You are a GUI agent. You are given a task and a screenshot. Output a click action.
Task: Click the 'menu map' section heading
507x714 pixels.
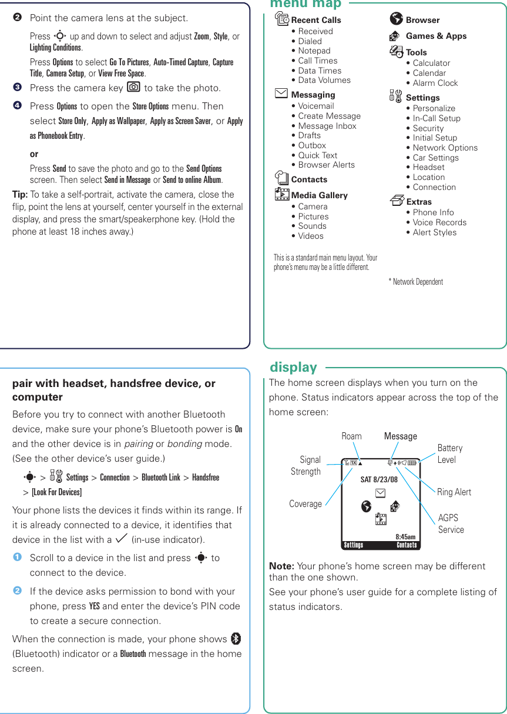[x=305, y=5]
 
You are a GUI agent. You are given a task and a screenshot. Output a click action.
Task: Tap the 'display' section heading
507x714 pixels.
[x=293, y=368]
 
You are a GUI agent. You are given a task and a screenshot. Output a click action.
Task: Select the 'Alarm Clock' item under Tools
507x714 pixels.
[x=435, y=83]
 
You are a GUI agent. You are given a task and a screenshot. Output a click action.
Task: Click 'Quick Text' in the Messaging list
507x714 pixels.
[x=317, y=155]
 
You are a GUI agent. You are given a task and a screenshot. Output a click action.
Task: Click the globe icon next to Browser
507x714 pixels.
[x=396, y=19]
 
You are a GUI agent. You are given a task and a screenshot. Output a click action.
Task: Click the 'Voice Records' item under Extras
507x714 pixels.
[x=439, y=222]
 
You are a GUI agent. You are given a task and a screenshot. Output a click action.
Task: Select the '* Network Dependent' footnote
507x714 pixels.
[x=416, y=282]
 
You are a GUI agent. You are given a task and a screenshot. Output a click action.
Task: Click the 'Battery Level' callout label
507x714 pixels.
[x=450, y=453]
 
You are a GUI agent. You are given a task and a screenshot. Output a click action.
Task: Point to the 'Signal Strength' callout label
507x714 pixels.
[x=306, y=465]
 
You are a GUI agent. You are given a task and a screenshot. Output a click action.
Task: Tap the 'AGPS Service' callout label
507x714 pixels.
[x=451, y=523]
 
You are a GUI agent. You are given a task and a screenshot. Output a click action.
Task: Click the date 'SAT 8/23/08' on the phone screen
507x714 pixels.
[x=378, y=479]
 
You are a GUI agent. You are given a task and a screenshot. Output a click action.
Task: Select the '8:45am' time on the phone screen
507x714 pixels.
[x=405, y=536]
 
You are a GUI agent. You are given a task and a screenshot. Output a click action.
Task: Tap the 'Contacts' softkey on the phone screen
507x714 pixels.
[x=406, y=545]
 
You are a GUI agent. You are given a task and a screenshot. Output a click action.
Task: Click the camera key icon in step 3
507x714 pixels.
[x=133, y=88]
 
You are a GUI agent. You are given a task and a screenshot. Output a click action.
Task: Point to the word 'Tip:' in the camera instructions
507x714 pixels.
[x=20, y=195]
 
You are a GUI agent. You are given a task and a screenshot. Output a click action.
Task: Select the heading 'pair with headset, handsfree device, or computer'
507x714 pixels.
[x=114, y=390]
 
